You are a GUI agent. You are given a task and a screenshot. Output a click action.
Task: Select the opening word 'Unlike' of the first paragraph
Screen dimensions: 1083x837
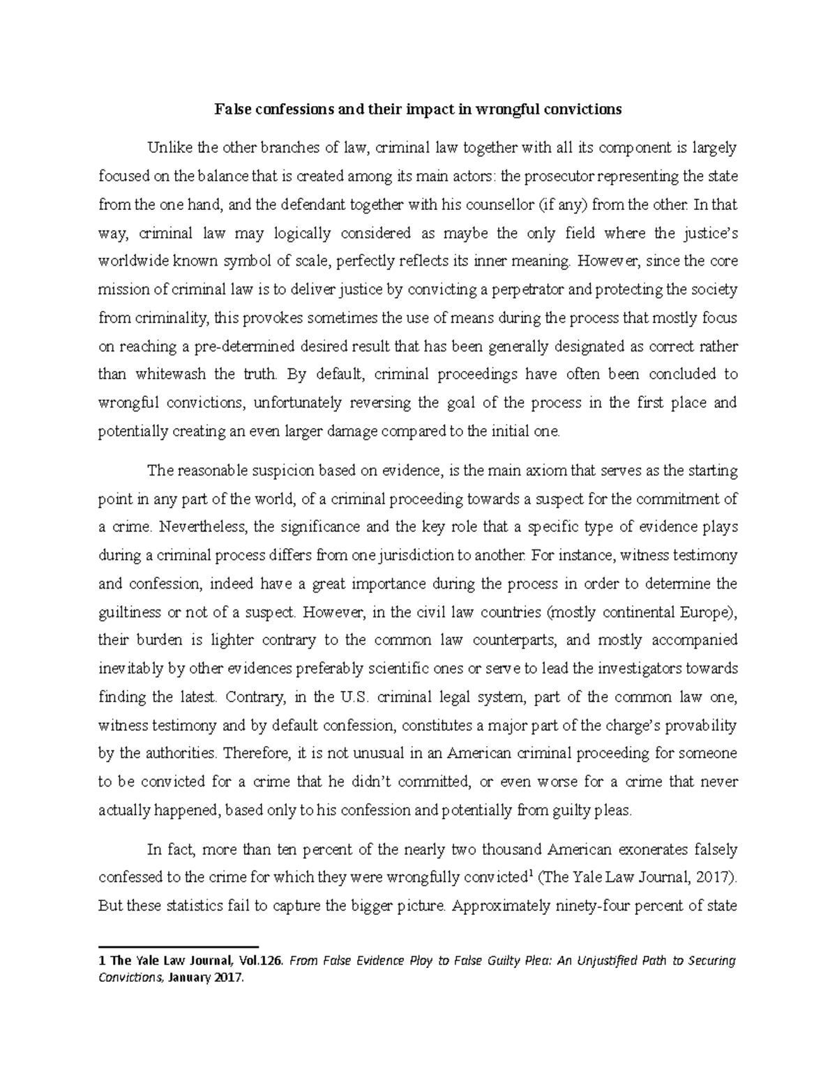(x=167, y=148)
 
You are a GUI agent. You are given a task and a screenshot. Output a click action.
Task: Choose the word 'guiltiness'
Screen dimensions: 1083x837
(x=128, y=613)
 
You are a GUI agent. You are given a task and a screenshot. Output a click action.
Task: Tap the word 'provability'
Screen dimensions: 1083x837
(x=700, y=726)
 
